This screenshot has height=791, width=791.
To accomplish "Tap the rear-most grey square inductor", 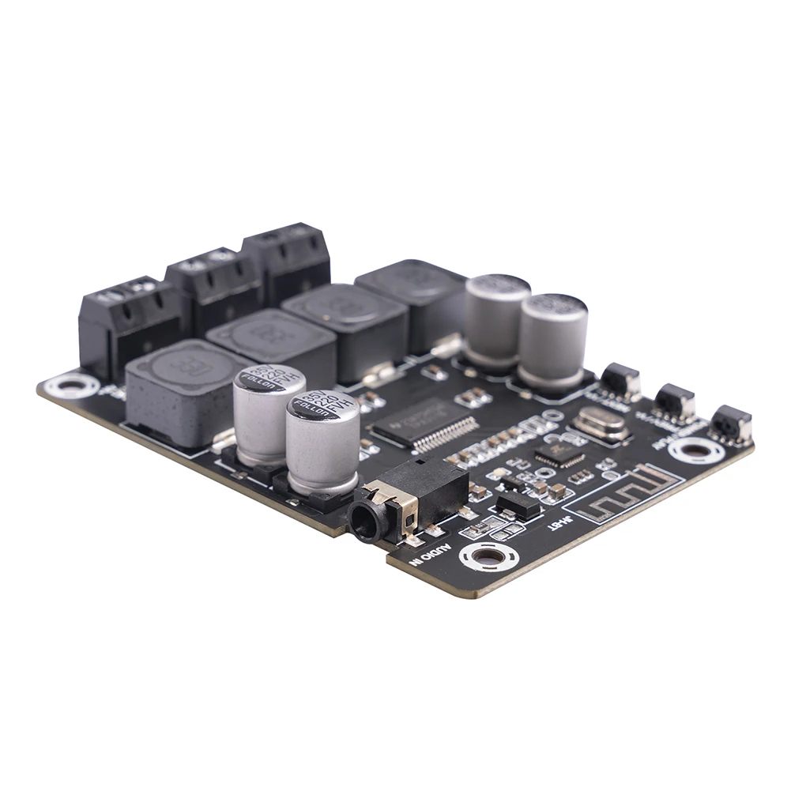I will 411,292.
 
